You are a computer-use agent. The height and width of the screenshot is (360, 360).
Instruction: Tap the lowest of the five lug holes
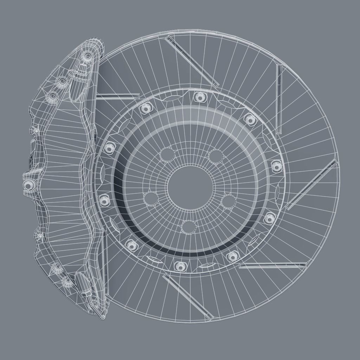tap(189, 227)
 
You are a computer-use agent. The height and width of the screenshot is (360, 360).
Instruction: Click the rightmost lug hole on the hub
tap(229, 201)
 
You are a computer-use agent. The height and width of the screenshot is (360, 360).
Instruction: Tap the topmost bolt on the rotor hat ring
tap(200, 97)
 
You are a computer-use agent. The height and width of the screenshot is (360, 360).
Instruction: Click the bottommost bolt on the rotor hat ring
tap(180, 266)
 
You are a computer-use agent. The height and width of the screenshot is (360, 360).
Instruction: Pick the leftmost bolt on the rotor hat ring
tap(104, 200)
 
